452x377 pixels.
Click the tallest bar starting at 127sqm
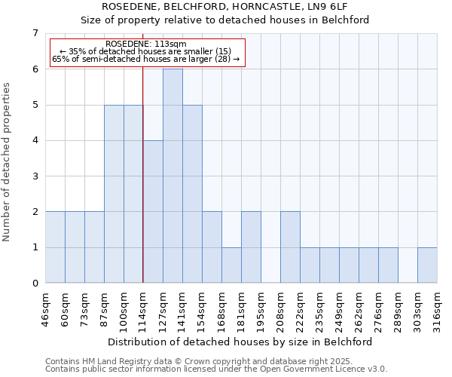pyautogui.click(x=173, y=176)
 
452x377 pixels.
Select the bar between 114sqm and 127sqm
pyautogui.click(x=153, y=212)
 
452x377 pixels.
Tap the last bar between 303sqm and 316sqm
pyautogui.click(x=427, y=265)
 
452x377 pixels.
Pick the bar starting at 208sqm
pyautogui.click(x=290, y=247)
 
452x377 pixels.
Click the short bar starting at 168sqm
pyautogui.click(x=231, y=265)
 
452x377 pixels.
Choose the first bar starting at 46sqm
pyautogui.click(x=55, y=247)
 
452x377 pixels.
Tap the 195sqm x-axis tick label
pyautogui.click(x=261, y=309)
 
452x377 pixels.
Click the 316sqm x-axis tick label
pyautogui.click(x=438, y=309)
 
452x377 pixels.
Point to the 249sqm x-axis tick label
pyautogui.click(x=340, y=309)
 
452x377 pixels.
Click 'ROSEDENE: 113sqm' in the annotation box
pyautogui.click(x=146, y=44)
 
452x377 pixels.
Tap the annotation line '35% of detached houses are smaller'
pyautogui.click(x=146, y=51)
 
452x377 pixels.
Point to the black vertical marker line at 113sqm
pyautogui.click(x=142, y=188)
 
